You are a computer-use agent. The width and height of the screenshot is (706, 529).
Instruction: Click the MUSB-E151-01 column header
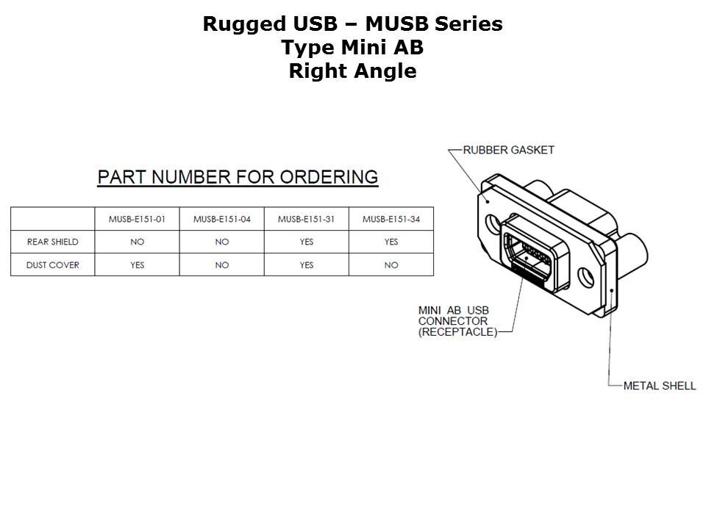click(138, 219)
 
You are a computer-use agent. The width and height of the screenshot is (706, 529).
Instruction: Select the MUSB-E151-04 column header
click(222, 219)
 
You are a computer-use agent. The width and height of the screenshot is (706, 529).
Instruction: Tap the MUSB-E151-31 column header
click(307, 219)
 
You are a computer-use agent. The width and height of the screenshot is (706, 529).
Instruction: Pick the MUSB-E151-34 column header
click(391, 219)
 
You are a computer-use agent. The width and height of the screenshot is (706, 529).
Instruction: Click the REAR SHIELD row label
click(52, 242)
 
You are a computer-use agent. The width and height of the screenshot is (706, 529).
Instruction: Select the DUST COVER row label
click(52, 265)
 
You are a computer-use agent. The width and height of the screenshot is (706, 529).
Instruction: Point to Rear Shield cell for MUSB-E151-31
click(307, 242)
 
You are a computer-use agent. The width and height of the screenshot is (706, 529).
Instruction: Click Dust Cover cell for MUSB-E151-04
click(222, 265)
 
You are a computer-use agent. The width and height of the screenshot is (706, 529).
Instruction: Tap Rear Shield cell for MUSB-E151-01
click(138, 242)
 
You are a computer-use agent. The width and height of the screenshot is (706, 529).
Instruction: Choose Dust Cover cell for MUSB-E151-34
click(391, 265)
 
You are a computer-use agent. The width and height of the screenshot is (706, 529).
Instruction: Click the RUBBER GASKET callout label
click(508, 150)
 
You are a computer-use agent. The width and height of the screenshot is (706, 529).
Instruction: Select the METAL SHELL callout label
click(659, 386)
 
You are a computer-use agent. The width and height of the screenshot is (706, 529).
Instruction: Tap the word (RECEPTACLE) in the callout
click(457, 332)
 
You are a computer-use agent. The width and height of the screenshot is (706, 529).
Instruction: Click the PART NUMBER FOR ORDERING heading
click(238, 177)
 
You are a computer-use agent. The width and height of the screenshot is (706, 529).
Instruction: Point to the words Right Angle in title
click(352, 71)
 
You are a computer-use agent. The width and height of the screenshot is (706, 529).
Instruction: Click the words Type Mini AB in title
click(352, 48)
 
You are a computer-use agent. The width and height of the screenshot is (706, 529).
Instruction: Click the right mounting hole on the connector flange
click(585, 277)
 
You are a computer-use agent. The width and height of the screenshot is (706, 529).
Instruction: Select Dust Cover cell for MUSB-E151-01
click(138, 265)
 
